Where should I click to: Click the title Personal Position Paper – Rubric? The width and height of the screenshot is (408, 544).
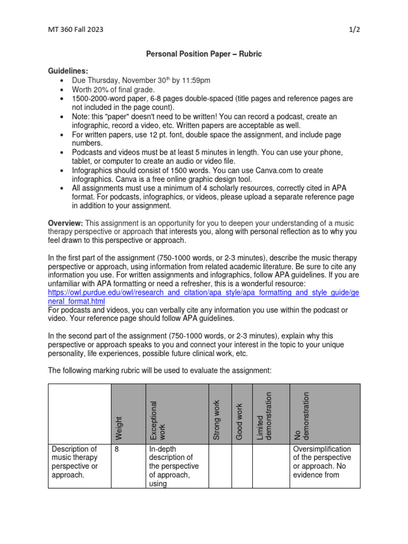point(204,54)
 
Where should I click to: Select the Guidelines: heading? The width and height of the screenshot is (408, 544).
point(69,71)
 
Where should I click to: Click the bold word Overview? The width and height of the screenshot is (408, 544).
point(65,223)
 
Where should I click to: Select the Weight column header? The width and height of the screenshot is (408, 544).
point(118,428)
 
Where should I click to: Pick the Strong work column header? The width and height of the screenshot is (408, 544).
point(216,420)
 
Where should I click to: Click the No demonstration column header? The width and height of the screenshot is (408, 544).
point(301,416)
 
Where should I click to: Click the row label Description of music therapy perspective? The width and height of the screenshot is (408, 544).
point(74,462)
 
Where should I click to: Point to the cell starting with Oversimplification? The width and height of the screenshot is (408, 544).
point(322,462)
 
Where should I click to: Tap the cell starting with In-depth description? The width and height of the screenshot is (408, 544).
point(174,466)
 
